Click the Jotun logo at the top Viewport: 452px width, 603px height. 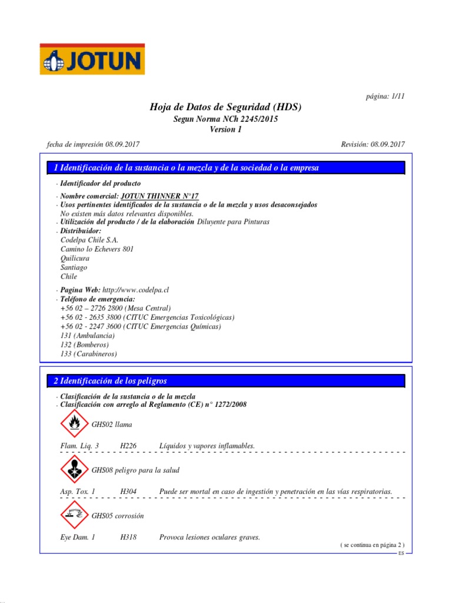(x=92, y=59)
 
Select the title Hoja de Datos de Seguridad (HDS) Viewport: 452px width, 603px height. (x=225, y=107)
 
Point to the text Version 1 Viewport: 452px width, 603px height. (x=225, y=130)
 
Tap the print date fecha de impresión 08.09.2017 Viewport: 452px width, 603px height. (x=93, y=144)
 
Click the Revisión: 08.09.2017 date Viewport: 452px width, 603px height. (x=373, y=144)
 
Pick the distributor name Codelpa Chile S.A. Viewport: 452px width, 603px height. (x=89, y=240)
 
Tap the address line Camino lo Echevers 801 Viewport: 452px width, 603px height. (x=97, y=249)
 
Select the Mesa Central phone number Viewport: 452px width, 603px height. (x=115, y=308)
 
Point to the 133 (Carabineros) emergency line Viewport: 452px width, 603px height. (x=88, y=354)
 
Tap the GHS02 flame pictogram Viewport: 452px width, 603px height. (x=74, y=424)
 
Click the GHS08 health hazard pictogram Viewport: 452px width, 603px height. (x=74, y=470)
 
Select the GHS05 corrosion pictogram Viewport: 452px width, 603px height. (x=74, y=515)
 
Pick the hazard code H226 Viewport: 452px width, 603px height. (x=128, y=446)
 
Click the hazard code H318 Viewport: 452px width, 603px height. (x=128, y=537)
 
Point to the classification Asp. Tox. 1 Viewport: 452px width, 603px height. (x=78, y=491)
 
